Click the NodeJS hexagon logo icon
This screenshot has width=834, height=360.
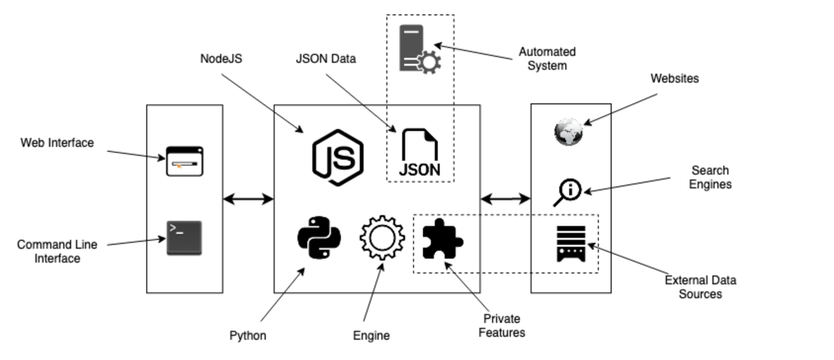[337, 158]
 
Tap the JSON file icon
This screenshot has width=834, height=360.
[419, 152]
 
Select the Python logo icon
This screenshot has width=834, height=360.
[319, 238]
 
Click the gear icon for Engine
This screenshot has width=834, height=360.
[382, 238]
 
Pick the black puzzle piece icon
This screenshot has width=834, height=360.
[443, 238]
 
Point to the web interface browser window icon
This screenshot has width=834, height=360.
[184, 161]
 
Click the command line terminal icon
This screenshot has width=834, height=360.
[184, 238]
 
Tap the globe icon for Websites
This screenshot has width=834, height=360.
[569, 132]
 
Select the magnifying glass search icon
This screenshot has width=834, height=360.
[567, 192]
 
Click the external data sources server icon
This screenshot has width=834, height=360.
[571, 243]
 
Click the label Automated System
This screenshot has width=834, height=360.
[547, 59]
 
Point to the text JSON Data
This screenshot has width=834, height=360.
[325, 59]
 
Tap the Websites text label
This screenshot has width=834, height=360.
[674, 79]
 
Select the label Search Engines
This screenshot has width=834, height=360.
[710, 177]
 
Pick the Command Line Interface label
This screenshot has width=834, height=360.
[57, 252]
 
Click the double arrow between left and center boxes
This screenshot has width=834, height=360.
[248, 199]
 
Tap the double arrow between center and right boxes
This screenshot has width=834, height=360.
[505, 199]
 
